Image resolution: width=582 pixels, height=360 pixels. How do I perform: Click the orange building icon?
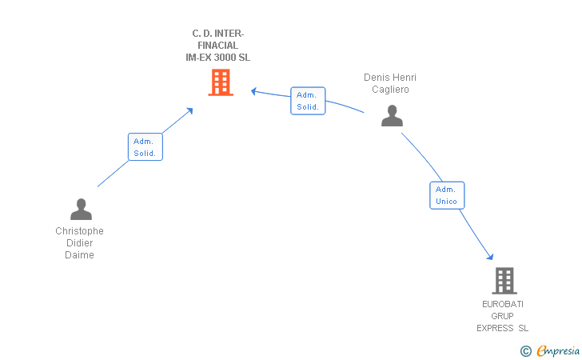pyautogui.click(x=221, y=82)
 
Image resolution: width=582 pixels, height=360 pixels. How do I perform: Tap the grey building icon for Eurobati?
pyautogui.click(x=504, y=281)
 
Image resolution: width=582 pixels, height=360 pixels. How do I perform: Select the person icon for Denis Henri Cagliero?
pyautogui.click(x=392, y=115)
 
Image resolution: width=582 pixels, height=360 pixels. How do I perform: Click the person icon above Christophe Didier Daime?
pyautogui.click(x=81, y=209)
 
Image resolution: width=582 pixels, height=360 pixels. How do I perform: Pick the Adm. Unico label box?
pyautogui.click(x=447, y=195)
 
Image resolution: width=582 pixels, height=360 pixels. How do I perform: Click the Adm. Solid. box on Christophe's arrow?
pyautogui.click(x=145, y=146)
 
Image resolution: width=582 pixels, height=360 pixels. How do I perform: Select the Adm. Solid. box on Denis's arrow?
pyautogui.click(x=308, y=101)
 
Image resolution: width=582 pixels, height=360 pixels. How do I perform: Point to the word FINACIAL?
pyautogui.click(x=218, y=46)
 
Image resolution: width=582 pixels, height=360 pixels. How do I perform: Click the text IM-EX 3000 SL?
pyautogui.click(x=218, y=58)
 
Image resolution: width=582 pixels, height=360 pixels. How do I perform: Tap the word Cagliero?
pyautogui.click(x=390, y=89)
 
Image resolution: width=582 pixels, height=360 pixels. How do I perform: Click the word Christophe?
pyautogui.click(x=79, y=230)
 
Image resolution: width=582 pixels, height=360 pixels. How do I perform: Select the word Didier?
pyautogui.click(x=79, y=243)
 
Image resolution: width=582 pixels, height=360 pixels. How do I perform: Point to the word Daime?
pyautogui.click(x=79, y=255)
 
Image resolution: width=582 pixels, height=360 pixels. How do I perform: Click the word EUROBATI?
pyautogui.click(x=503, y=304)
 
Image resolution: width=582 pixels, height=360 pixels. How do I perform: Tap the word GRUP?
pyautogui.click(x=503, y=316)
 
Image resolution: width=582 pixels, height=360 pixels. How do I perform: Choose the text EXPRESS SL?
pyautogui.click(x=503, y=328)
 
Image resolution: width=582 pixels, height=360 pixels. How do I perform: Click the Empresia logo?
pyautogui.click(x=558, y=350)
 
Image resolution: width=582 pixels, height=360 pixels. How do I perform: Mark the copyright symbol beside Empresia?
pyautogui.click(x=526, y=351)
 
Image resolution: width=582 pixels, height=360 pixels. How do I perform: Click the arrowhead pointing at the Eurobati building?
pyautogui.click(x=490, y=256)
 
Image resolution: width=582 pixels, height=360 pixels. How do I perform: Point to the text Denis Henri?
pyautogui.click(x=390, y=78)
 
